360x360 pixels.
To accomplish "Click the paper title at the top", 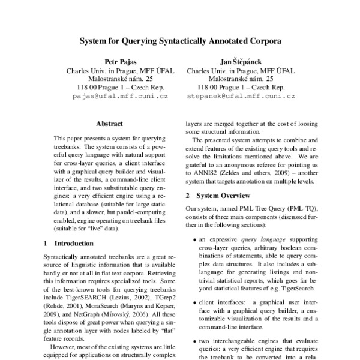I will pyautogui.click(x=180, y=42).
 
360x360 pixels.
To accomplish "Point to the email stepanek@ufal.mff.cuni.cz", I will pyautogui.click(x=240, y=96).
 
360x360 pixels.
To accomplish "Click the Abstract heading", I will pyautogui.click(x=109, y=124).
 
